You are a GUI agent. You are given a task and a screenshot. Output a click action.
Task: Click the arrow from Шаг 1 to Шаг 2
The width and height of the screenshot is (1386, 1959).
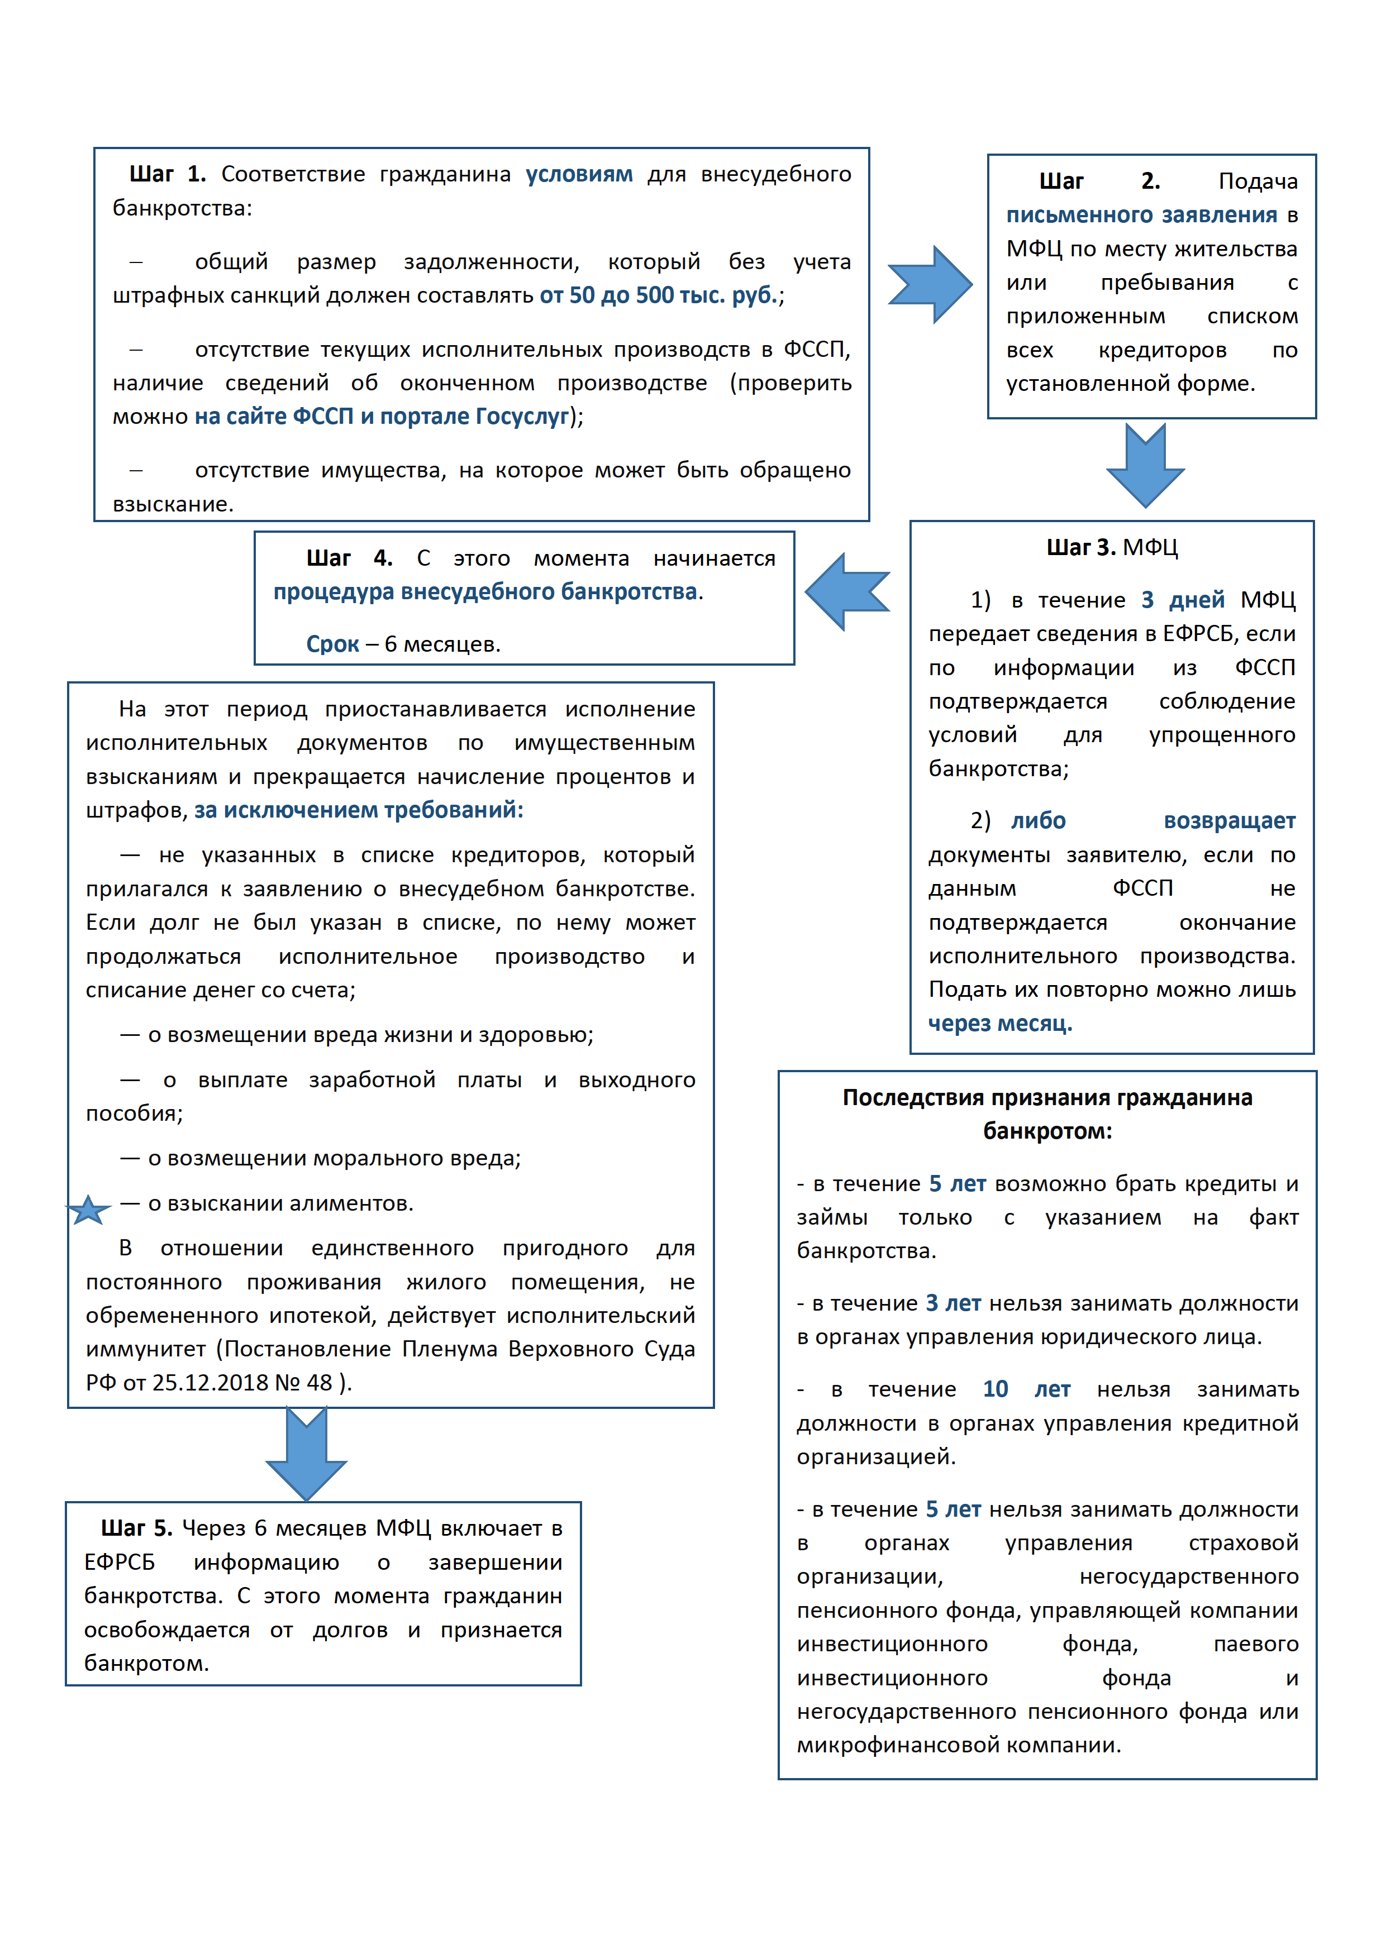coord(930,284)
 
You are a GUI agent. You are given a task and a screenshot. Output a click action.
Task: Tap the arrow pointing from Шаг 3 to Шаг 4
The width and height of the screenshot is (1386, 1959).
coord(847,591)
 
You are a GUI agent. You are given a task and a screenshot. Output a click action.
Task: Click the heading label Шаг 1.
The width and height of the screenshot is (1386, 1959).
coord(167,174)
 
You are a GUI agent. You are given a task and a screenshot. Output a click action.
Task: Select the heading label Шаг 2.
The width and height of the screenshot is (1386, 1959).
coord(1098,181)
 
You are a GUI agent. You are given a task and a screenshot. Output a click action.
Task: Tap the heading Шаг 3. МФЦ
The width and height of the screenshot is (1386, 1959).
coord(1111,547)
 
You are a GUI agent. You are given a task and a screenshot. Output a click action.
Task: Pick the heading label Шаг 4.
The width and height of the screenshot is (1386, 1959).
coord(349,558)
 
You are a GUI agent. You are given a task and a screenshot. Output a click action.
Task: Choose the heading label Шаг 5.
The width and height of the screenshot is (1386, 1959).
coord(136,1528)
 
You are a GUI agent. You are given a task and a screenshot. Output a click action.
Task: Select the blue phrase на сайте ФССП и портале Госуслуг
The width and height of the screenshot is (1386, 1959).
coord(382,417)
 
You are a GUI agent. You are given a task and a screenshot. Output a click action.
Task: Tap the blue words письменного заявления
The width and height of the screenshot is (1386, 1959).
coord(1141,215)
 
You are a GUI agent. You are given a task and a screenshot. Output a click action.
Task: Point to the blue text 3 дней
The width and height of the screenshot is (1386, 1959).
coord(1182,600)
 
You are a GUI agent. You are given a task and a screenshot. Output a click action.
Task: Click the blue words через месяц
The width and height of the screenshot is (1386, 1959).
coord(999,1023)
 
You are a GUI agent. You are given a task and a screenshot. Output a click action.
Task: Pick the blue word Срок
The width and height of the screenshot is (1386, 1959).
coord(332,644)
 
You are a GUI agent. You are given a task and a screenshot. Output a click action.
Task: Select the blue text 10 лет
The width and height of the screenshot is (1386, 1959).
coord(1026,1389)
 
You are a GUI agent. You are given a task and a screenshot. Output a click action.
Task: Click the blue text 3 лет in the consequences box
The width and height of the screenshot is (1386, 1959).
coord(952,1303)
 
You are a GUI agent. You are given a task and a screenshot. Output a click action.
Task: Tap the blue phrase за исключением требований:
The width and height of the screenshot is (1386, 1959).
coord(359,810)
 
